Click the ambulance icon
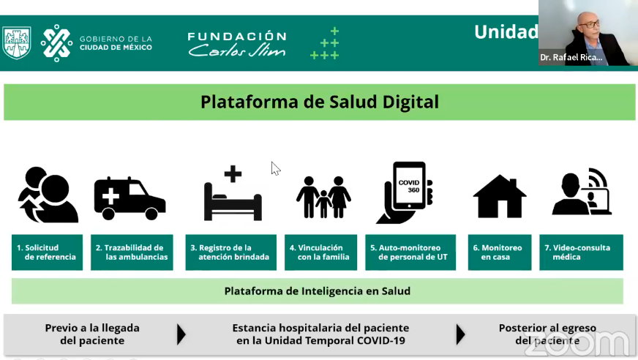(130, 198)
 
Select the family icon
(323, 197)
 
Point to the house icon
(500, 197)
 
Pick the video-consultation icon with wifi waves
(582, 191)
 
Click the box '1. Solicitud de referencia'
(48, 252)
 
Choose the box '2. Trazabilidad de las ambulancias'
(132, 252)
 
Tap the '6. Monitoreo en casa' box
(500, 252)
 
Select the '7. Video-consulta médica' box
(582, 252)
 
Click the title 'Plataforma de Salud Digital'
(320, 102)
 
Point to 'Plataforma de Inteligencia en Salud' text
(318, 291)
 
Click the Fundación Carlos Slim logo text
(237, 44)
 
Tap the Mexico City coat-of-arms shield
(17, 42)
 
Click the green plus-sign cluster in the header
(325, 43)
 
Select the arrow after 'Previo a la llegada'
(181, 334)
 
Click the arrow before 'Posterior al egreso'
(460, 334)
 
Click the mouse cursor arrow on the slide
(275, 168)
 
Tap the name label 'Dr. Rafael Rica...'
(571, 57)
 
